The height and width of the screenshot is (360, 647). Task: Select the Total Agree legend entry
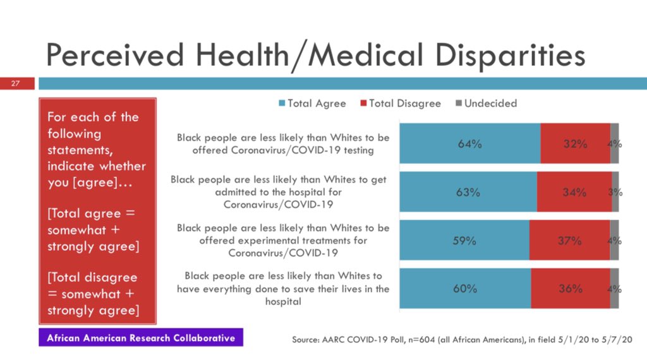pos(312,103)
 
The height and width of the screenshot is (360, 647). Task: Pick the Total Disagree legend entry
pos(400,103)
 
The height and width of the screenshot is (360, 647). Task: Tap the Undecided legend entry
pos(486,103)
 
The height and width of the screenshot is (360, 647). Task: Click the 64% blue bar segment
pos(469,143)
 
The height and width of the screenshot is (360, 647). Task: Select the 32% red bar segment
pos(575,143)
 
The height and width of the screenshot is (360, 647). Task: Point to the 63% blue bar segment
pos(468,192)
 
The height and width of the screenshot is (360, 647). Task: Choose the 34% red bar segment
pos(574,192)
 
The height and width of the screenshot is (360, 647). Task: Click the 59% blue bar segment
pos(464,240)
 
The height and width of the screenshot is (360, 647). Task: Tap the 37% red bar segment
pos(569,240)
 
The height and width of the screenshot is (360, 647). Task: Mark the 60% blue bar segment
pos(464,289)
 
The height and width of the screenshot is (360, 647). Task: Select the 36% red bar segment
pos(570,289)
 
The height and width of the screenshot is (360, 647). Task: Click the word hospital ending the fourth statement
pos(282,302)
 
